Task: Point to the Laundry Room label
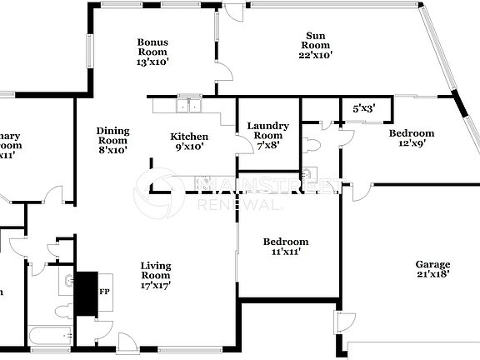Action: (x=268, y=131)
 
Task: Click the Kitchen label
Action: (x=189, y=137)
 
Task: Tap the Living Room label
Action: (x=155, y=270)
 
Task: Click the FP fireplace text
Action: (x=105, y=292)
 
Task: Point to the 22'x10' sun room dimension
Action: (x=315, y=56)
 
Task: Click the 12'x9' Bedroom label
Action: (x=411, y=137)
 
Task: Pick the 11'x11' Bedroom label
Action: (x=286, y=247)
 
